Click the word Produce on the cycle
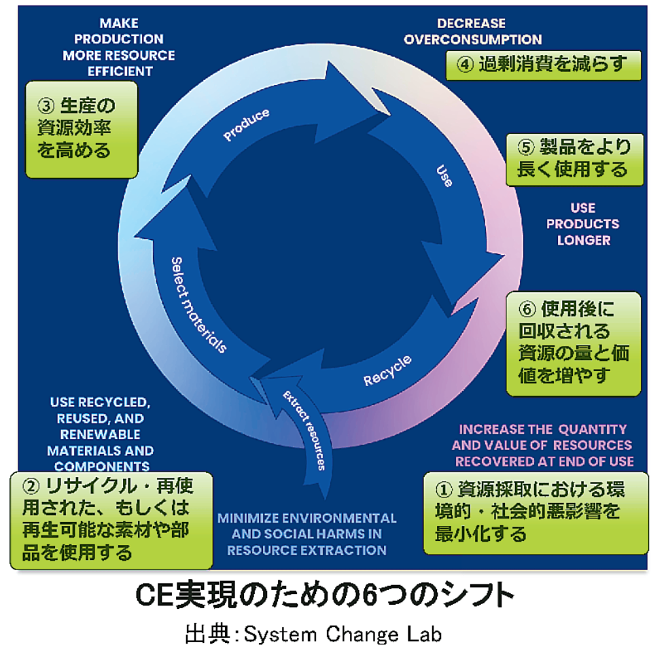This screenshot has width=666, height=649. [x=246, y=124]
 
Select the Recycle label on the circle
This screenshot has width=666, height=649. [x=388, y=370]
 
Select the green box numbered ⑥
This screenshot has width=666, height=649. [x=573, y=343]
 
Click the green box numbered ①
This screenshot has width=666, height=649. [x=535, y=512]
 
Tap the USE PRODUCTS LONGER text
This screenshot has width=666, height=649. [x=582, y=224]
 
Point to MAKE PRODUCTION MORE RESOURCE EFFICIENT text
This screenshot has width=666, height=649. [x=118, y=46]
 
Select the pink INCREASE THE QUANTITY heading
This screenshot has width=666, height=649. [x=542, y=445]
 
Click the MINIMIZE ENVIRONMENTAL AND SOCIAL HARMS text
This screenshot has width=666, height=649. [x=307, y=533]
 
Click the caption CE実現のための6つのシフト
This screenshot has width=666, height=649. [x=324, y=596]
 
